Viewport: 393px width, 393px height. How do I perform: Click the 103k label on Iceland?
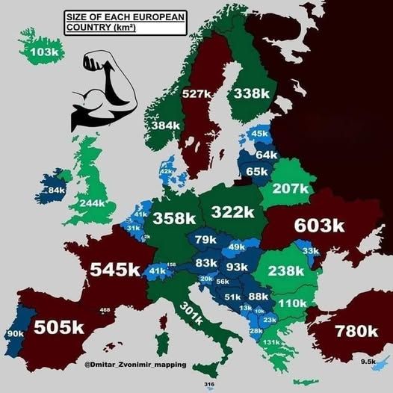[45, 52]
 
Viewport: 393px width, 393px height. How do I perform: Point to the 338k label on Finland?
[250, 93]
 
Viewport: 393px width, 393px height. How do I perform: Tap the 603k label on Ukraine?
[318, 225]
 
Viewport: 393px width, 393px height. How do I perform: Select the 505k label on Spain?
[58, 327]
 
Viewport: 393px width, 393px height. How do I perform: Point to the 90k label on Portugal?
[15, 333]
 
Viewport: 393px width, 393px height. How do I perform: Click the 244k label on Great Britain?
[92, 203]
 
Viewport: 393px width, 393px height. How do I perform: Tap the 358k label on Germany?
[174, 218]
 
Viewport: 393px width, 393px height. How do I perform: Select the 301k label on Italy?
[190, 320]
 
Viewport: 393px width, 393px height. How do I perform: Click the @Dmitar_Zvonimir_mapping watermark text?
[133, 365]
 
